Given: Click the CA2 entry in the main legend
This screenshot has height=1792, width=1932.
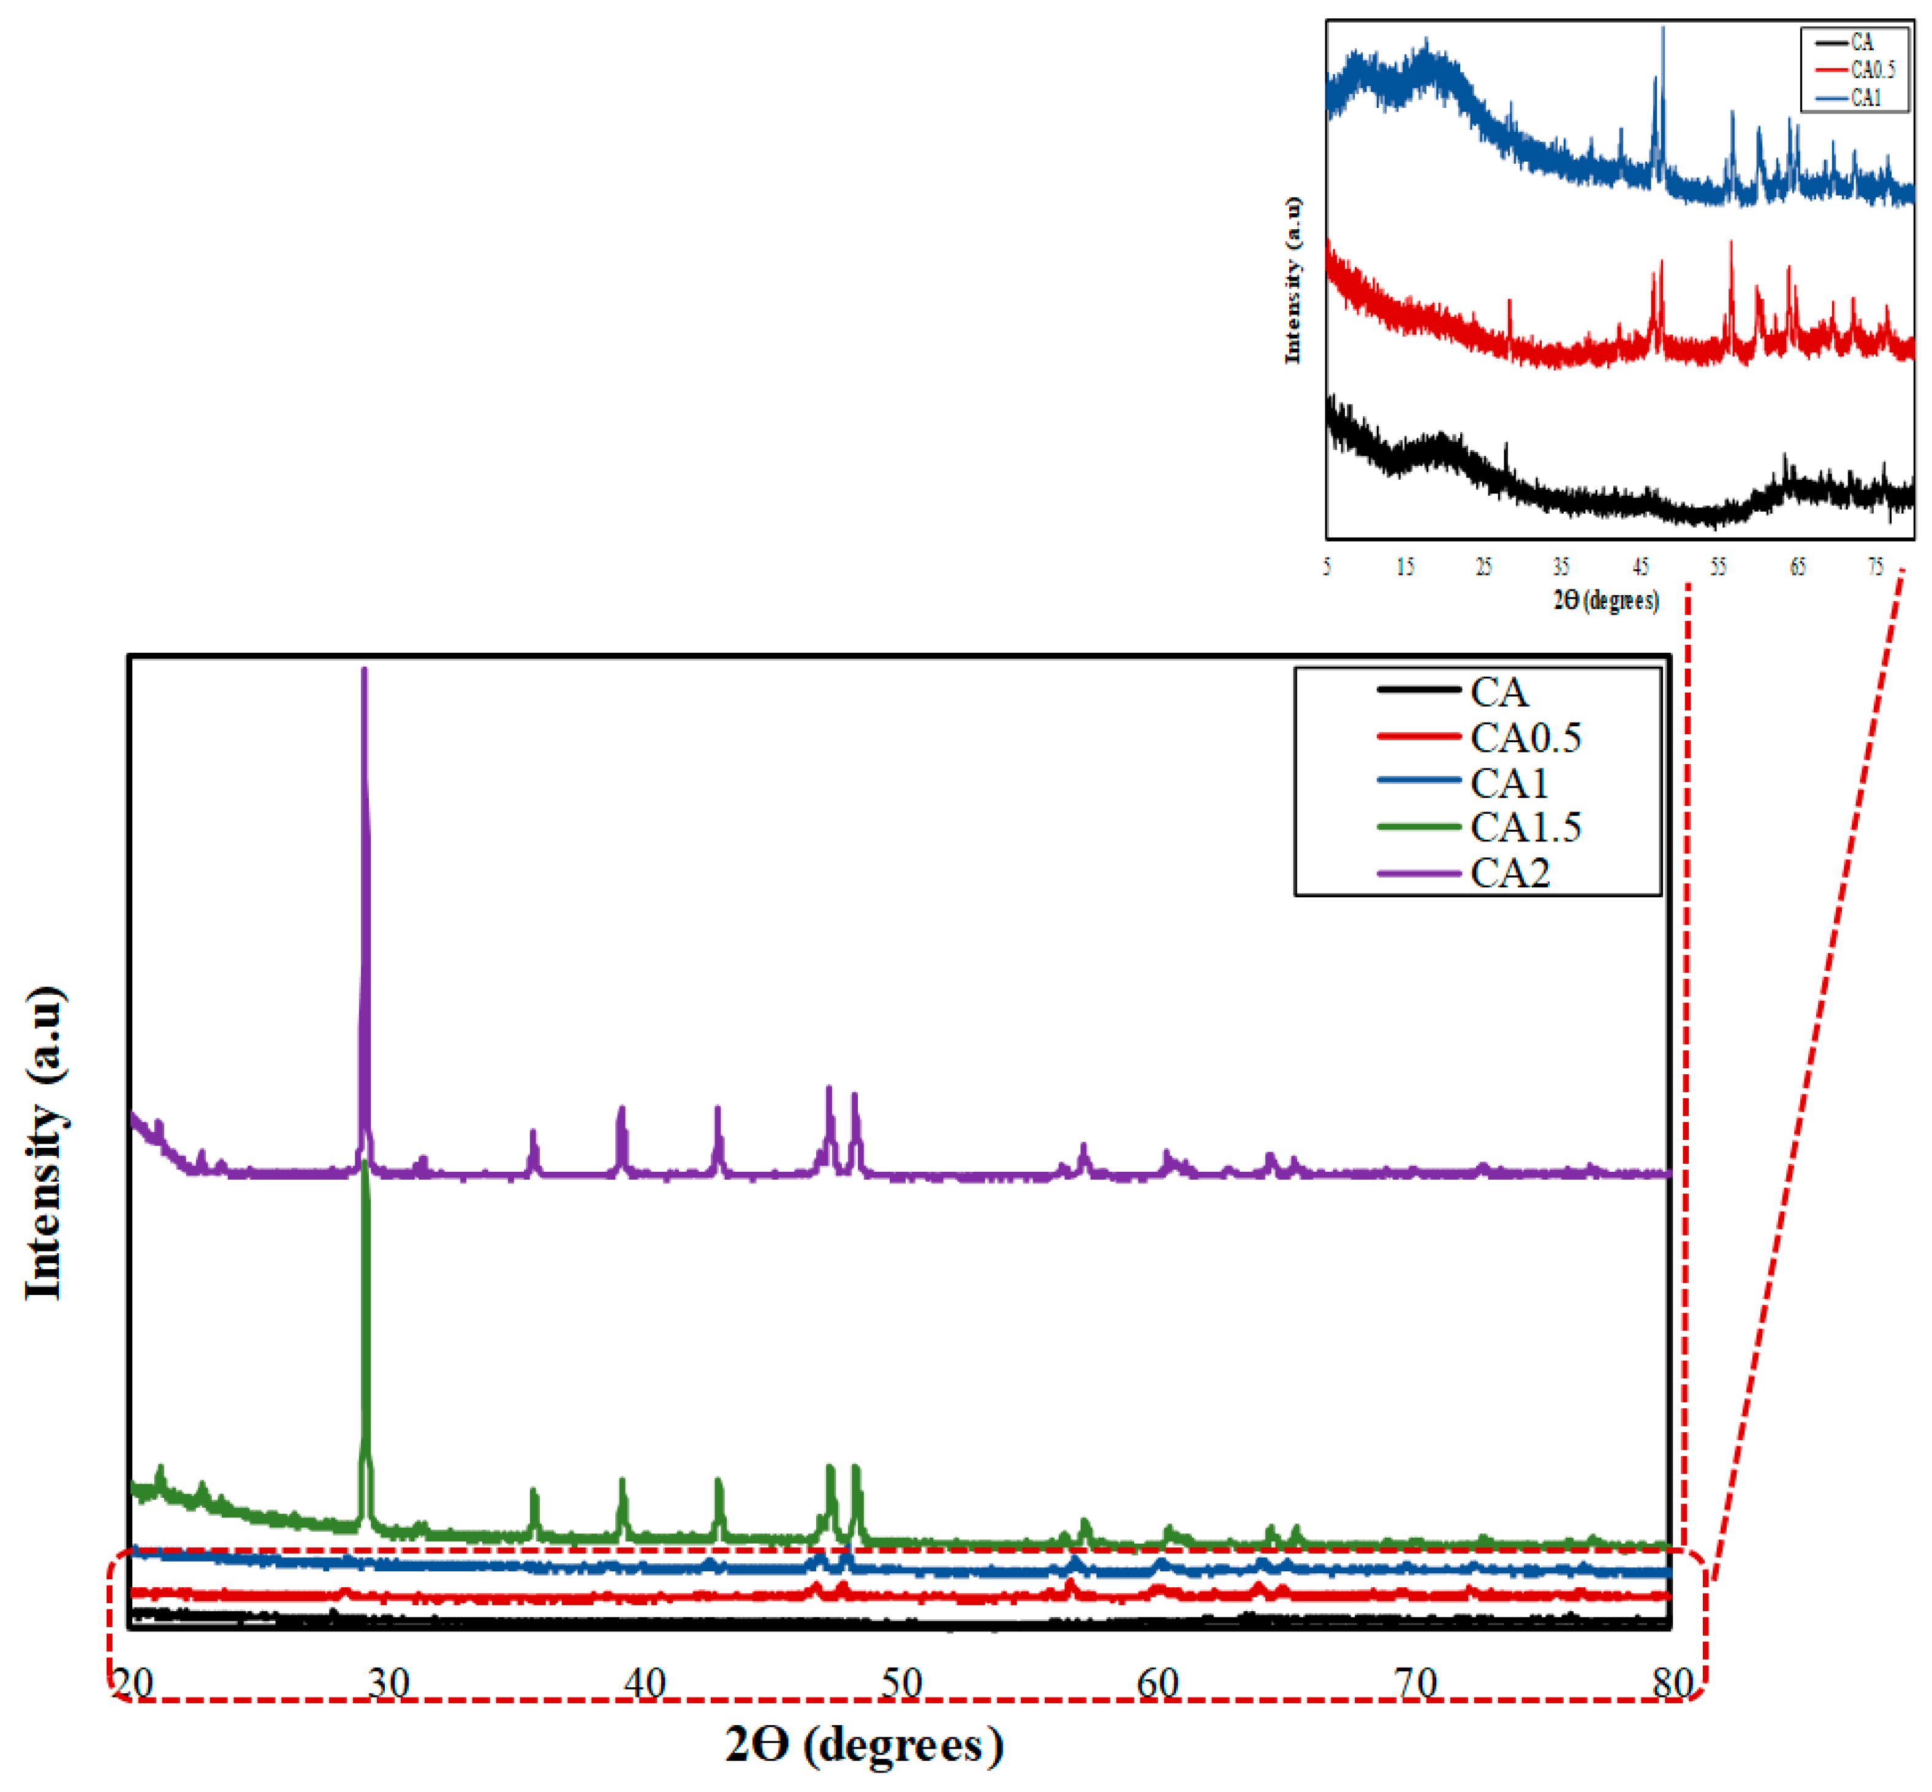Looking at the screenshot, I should [1509, 873].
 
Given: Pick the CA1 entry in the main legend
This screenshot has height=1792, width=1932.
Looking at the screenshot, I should [1509, 783].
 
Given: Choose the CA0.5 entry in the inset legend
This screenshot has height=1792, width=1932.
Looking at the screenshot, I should [1872, 70].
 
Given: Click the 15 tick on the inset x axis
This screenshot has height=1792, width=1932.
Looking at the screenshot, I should [1404, 568].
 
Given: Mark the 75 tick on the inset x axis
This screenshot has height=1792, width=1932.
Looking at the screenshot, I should [1875, 568].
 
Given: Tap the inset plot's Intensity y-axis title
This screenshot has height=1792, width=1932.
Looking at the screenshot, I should [1292, 281].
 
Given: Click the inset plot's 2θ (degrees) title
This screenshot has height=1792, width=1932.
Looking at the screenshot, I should [1605, 600].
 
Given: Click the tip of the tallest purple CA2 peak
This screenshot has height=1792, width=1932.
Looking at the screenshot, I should [363, 670].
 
